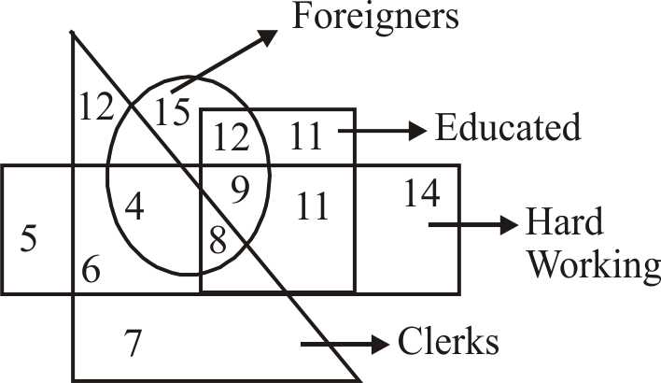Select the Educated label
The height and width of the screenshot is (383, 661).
pos(508,127)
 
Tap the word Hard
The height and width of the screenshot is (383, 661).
pos(565,223)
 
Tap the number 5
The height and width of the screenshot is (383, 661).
pos(29,239)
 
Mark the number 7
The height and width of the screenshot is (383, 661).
pos(134,345)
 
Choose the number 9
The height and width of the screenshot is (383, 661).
pos(241,192)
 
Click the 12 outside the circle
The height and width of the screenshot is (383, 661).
pos(95,107)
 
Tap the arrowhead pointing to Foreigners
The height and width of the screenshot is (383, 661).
pos(268,35)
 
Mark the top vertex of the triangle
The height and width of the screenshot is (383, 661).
pos(72,33)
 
